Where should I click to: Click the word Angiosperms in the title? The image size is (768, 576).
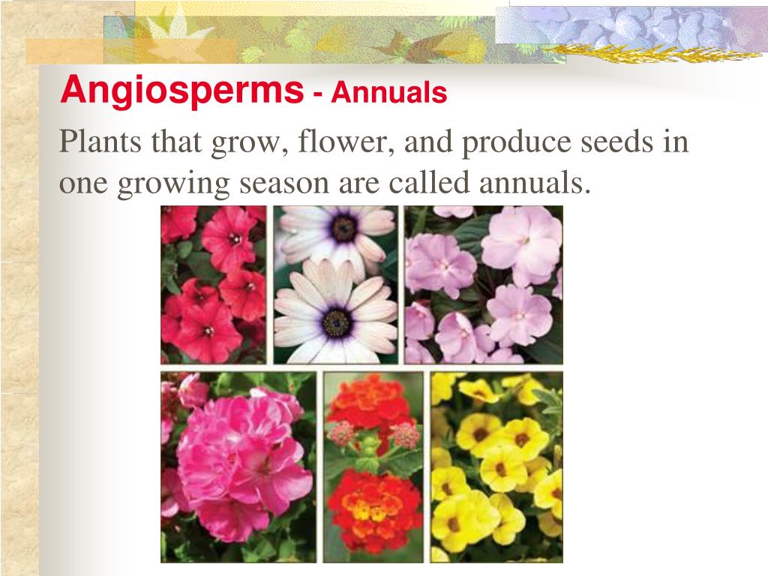pyautogui.click(x=181, y=91)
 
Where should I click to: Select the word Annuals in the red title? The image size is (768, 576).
pyautogui.click(x=389, y=94)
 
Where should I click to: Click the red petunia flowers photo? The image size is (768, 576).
pyautogui.click(x=213, y=284)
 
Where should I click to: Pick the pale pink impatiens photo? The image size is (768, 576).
pyautogui.click(x=483, y=284)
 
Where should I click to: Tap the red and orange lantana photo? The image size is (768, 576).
pyautogui.click(x=373, y=466)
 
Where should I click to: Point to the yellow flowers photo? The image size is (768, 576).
pyautogui.click(x=496, y=466)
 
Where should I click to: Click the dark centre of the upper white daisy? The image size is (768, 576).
pyautogui.click(x=344, y=227)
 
